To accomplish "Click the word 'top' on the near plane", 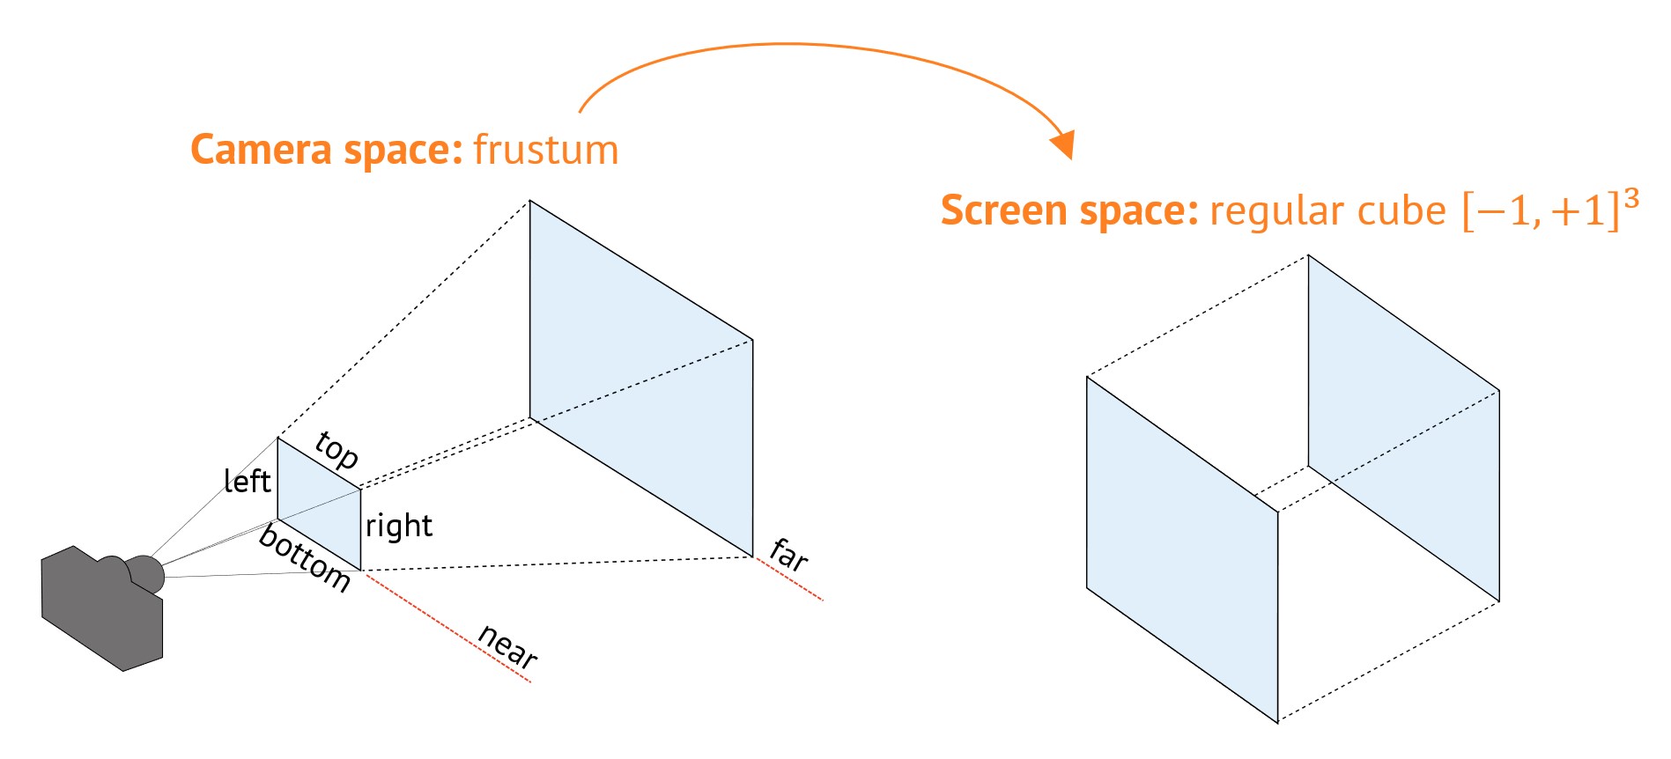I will coord(336,450).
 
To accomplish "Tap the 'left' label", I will coord(247,481).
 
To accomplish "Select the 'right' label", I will coord(399,526).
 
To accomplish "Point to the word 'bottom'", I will coord(305,558).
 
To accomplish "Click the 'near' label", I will coord(507,645).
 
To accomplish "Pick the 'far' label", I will coord(788,555).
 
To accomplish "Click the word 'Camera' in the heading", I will coord(261,150).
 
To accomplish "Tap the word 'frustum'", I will coord(546,150).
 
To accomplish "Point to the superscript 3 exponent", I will coord(1630,200).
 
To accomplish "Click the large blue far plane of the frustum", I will coord(640,379).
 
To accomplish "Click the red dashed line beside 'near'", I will coord(449,627).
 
